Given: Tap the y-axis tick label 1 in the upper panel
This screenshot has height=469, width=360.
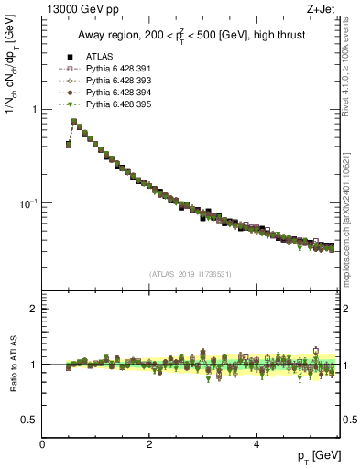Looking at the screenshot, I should pyautogui.click(x=35, y=109).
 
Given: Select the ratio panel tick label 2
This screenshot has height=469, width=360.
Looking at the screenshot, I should pyautogui.click(x=35, y=309).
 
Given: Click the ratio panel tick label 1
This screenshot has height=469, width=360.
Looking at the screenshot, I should pyautogui.click(x=35, y=365).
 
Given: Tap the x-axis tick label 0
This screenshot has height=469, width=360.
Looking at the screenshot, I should pyautogui.click(x=42, y=444).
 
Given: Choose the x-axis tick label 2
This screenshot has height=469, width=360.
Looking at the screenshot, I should pyautogui.click(x=149, y=444).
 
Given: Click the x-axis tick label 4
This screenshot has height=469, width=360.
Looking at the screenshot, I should pyautogui.click(x=256, y=444).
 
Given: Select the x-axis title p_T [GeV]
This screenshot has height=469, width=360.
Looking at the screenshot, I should pyautogui.click(x=318, y=456).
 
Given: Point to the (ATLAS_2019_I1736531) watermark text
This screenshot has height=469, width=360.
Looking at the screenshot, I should pyautogui.click(x=190, y=274).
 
